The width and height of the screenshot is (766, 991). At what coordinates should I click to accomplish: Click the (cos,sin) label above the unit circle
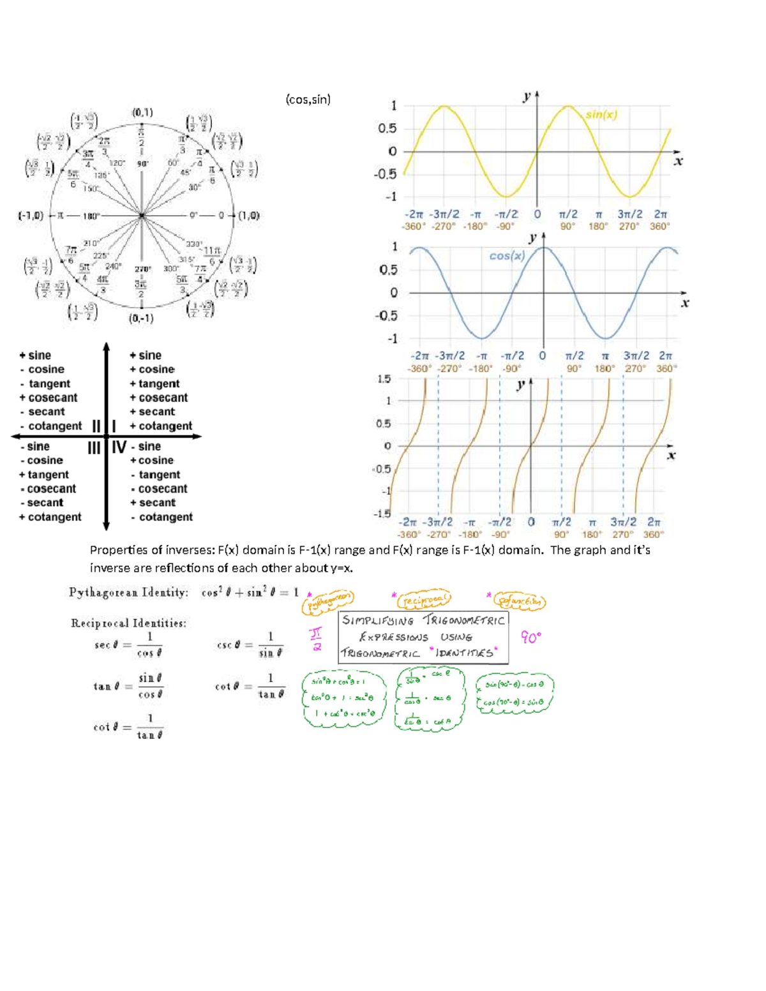click(x=308, y=100)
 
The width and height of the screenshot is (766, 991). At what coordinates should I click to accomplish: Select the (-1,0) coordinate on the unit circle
click(x=31, y=216)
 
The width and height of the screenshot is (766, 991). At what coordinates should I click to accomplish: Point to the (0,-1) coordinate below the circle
click(x=141, y=318)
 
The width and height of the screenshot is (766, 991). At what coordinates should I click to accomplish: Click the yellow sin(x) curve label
click(x=601, y=115)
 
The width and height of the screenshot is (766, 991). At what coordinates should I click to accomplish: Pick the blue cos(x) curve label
click(x=507, y=256)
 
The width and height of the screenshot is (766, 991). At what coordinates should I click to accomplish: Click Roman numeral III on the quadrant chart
click(x=94, y=448)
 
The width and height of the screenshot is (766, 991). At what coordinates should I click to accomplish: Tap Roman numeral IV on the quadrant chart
click(x=119, y=447)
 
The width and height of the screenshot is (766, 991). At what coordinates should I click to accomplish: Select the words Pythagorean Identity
click(x=128, y=593)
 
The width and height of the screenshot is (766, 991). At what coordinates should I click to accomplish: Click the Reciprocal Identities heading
click(x=128, y=623)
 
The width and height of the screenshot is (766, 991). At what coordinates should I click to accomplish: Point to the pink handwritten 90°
click(x=530, y=637)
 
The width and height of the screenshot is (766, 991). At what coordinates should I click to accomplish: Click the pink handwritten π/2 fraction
click(x=316, y=639)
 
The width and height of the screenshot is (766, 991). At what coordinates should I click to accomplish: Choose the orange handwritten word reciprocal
click(x=424, y=600)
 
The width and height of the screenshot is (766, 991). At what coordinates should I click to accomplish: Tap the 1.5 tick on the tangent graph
click(x=384, y=379)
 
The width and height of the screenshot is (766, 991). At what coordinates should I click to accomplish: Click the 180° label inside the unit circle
click(x=91, y=216)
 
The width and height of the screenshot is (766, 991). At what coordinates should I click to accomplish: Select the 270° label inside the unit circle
click(x=142, y=269)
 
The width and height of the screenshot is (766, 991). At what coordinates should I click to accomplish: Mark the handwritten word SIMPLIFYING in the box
click(x=378, y=620)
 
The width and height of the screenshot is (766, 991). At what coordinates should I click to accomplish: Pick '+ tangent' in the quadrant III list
click(x=44, y=475)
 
